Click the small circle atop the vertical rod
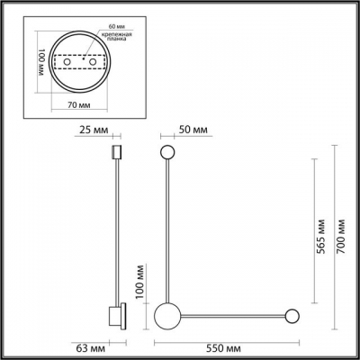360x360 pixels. [166, 151]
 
